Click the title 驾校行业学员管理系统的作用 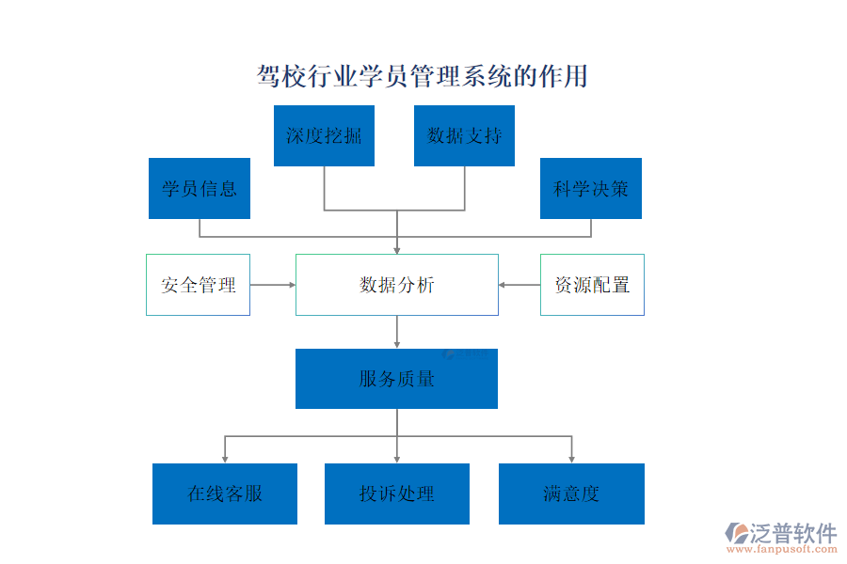click(423, 76)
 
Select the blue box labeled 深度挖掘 click(324, 135)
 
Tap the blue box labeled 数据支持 click(464, 135)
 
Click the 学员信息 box click(200, 188)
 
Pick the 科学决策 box click(591, 188)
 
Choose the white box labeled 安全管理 click(198, 285)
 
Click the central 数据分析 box click(396, 285)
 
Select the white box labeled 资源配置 click(592, 285)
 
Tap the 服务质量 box click(396, 379)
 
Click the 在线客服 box click(225, 493)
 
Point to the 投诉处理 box click(396, 493)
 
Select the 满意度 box click(571, 493)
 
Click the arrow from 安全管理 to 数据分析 click(272, 285)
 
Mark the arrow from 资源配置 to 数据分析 click(519, 285)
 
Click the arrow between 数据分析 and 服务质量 click(396, 332)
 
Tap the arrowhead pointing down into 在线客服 click(225, 458)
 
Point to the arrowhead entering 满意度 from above click(571, 458)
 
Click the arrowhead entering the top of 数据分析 click(396, 249)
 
